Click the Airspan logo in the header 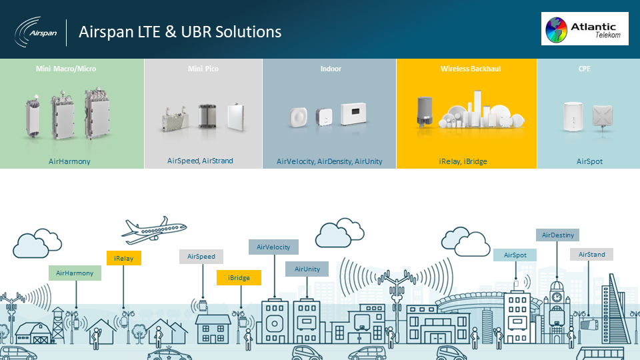[36, 32]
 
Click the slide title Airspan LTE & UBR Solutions [180, 32]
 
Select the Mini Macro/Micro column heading [66, 69]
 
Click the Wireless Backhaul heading [471, 69]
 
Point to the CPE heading [585, 69]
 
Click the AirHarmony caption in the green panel [69, 161]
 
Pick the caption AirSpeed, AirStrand [200, 161]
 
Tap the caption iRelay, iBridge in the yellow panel [463, 161]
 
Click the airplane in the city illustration [154, 230]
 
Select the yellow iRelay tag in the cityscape [124, 258]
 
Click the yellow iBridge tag [239, 277]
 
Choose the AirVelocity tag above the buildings [273, 247]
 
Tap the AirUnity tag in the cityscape [307, 269]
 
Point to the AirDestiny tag [557, 235]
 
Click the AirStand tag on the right [591, 254]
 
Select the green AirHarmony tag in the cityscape [75, 273]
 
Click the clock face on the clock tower [557, 297]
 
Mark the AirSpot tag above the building [515, 255]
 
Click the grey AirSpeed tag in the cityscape [201, 256]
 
